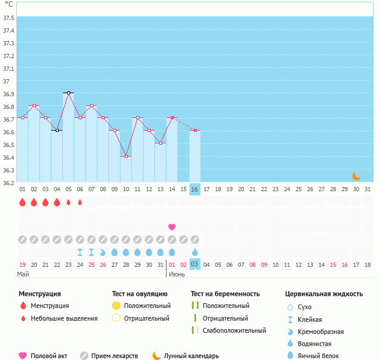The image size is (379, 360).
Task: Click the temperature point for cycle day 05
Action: tap(68, 93)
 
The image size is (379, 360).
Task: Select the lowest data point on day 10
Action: tap(126, 156)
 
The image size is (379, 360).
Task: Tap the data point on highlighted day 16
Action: tap(195, 131)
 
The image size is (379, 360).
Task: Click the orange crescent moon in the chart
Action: tap(357, 176)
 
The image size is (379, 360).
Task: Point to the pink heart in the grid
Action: tap(172, 227)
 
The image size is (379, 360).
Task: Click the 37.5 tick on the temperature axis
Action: tap(8, 18)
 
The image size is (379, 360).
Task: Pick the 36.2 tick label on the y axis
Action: tap(8, 183)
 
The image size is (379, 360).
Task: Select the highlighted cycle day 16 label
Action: tap(195, 189)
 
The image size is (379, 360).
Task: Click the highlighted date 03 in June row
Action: tap(195, 264)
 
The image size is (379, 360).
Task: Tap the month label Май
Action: tap(23, 274)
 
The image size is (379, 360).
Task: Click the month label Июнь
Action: tap(177, 274)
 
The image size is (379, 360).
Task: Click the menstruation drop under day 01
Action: tap(22, 202)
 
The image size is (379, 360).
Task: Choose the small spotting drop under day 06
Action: tap(80, 202)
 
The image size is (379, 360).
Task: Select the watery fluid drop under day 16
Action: tap(195, 252)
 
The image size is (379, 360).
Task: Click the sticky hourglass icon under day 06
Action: tap(80, 252)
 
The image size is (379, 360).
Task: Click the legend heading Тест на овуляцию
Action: tap(140, 294)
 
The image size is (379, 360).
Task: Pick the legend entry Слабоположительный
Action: tap(234, 330)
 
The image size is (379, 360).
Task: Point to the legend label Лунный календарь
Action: tap(191, 356)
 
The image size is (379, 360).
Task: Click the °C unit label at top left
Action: tap(9, 4)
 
